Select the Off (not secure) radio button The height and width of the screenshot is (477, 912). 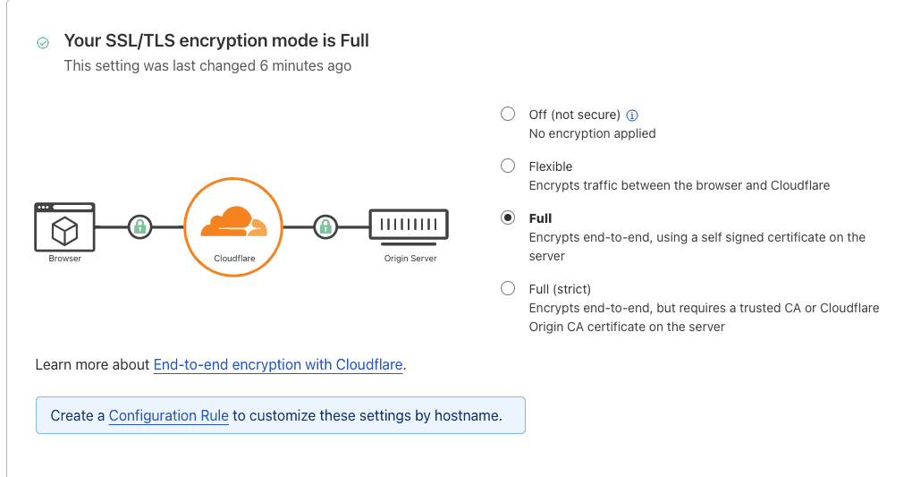[x=508, y=114]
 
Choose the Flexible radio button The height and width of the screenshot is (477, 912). [x=508, y=166]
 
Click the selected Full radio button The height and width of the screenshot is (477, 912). [x=508, y=217]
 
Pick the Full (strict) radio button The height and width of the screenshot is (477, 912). [x=508, y=288]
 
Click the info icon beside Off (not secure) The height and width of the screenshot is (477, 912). [x=632, y=115]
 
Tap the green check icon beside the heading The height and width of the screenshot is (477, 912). [x=42, y=42]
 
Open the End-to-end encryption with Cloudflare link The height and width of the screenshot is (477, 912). [x=278, y=364]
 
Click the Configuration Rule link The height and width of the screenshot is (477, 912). [x=169, y=415]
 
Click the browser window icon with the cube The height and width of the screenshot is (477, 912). [x=64, y=226]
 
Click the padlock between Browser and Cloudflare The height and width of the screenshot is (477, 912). [x=139, y=226]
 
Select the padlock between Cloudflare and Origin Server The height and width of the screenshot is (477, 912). [x=325, y=226]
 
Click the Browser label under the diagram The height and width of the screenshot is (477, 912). [x=64, y=259]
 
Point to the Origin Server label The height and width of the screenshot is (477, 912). [x=410, y=259]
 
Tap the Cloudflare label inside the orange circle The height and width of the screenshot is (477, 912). [x=233, y=259]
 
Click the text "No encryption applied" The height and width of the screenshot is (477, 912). [x=592, y=133]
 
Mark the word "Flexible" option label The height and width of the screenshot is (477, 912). [x=550, y=166]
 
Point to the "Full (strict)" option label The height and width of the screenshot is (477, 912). [x=560, y=289]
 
